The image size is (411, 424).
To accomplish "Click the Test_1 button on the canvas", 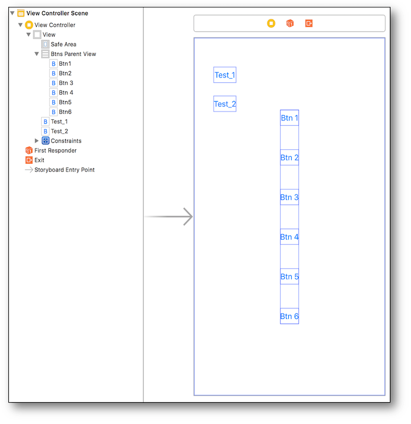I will [x=225, y=75].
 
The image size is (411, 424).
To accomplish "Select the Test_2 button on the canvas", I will [x=225, y=104].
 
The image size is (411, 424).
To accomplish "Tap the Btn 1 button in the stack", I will [x=289, y=118].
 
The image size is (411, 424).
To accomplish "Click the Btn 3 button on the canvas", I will [x=289, y=197].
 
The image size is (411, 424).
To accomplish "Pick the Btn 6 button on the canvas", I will [x=289, y=317].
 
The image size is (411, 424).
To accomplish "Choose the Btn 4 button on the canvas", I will [x=289, y=237].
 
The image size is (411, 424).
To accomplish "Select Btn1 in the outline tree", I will [x=65, y=63].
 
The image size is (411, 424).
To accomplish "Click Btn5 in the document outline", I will [x=65, y=102].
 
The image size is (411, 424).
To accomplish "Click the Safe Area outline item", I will [x=63, y=44].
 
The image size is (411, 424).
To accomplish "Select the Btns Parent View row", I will [x=73, y=54].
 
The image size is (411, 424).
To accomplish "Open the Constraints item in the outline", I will [x=66, y=141].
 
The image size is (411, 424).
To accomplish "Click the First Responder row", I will [x=55, y=150].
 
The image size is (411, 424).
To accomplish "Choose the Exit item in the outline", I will [x=39, y=160].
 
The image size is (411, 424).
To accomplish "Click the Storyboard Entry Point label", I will [x=64, y=170].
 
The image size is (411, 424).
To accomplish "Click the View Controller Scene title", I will [x=57, y=13].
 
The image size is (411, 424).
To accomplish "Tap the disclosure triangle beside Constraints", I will [x=37, y=141].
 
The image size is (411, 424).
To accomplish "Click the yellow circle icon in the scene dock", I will [x=271, y=23].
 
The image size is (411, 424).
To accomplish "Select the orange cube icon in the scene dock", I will [x=289, y=23].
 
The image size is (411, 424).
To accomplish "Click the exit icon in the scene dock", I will [x=309, y=23].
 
